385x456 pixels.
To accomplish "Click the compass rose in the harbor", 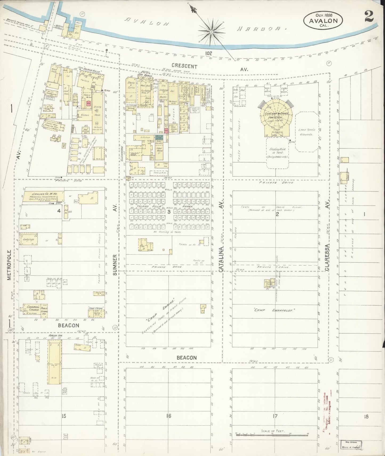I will [x=211, y=32].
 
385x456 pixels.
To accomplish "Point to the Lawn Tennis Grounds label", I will [x=307, y=132].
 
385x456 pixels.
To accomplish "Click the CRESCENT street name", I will [x=184, y=66].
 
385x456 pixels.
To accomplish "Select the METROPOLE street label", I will [x=9, y=265].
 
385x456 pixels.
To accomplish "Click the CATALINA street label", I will [x=221, y=259].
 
